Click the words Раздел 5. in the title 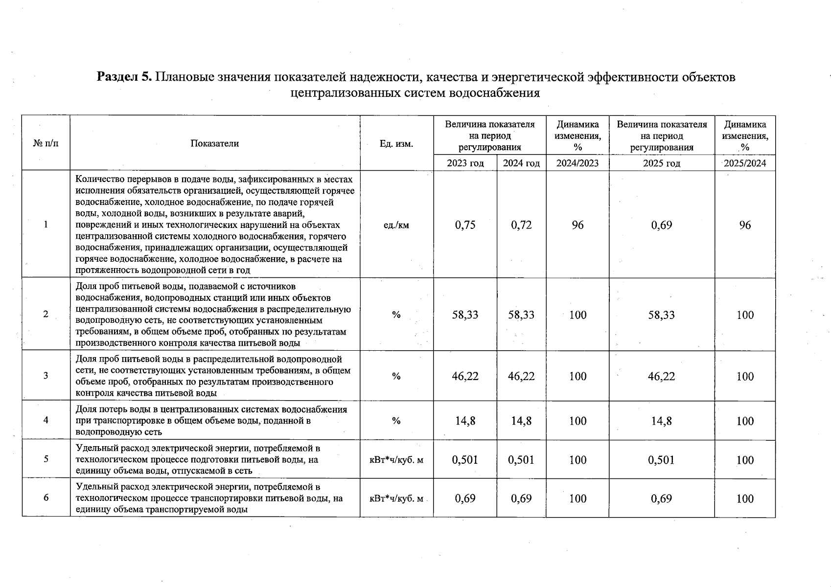point(125,77)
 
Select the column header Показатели point(215,143)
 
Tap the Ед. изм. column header point(396,143)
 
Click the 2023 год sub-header point(465,163)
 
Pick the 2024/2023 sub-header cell point(577,163)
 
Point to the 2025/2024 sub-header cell point(745,163)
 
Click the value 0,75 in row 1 point(465,225)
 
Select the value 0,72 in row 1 point(521,225)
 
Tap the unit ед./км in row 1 point(396,226)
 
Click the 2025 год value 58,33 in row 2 point(661,315)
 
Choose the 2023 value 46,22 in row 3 point(465,376)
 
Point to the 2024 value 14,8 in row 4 point(521,421)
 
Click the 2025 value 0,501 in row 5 point(661,460)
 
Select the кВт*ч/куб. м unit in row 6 point(396,498)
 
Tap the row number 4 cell point(46,421)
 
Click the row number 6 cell point(46,498)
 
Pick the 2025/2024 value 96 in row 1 point(745,225)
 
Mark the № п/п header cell point(46,143)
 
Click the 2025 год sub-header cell point(661,163)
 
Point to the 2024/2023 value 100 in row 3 point(577,376)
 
